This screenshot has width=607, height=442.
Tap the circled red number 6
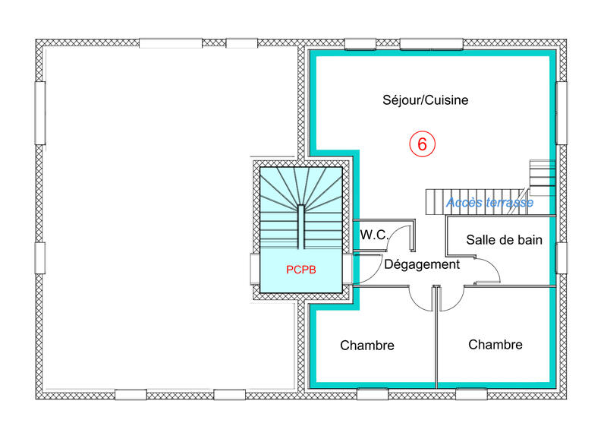(x=422, y=143)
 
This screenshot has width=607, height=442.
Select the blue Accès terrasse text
(x=489, y=203)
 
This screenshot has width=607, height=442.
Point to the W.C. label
(x=374, y=235)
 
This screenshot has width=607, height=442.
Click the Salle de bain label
(x=504, y=240)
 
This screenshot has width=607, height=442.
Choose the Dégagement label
(x=422, y=264)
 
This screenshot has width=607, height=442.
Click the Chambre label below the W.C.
(x=367, y=346)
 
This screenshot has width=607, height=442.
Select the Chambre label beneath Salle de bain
(x=495, y=345)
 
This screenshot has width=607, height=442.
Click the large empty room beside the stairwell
(x=167, y=220)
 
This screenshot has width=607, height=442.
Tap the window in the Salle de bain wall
(x=561, y=257)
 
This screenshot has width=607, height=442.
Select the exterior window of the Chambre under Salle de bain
(x=471, y=394)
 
